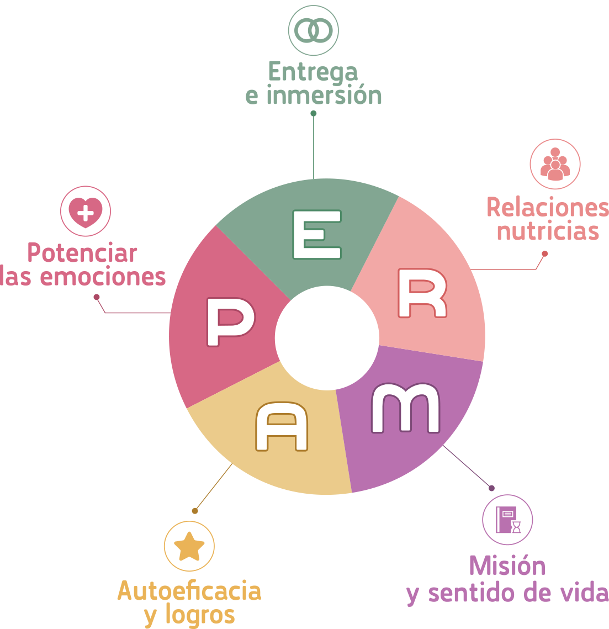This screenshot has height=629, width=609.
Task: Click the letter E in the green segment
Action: click(x=316, y=235)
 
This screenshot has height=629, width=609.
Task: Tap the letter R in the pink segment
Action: click(x=422, y=294)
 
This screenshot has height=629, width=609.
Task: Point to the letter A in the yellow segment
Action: click(x=282, y=426)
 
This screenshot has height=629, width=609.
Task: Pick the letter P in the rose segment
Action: click(x=230, y=322)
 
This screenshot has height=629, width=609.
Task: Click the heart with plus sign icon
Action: click(x=86, y=212)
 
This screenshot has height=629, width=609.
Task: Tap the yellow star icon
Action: click(x=189, y=546)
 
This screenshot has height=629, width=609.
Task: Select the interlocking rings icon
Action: click(x=313, y=31)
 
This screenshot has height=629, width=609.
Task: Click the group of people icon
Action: click(x=555, y=164)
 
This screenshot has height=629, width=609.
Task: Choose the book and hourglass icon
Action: click(x=507, y=520)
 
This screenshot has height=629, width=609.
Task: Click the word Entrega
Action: click(x=313, y=72)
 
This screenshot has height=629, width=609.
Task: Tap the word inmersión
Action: click(x=324, y=96)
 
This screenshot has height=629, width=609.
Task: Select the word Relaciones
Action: click(x=547, y=208)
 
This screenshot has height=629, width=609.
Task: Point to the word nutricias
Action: click(x=548, y=231)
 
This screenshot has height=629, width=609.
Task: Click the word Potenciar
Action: click(x=82, y=253)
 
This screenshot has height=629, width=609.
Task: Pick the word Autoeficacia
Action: click(x=189, y=591)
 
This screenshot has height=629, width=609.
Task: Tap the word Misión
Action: click(x=507, y=566)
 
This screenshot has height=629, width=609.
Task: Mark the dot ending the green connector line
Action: click(x=314, y=113)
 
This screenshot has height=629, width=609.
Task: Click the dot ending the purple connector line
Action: click(x=491, y=488)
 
